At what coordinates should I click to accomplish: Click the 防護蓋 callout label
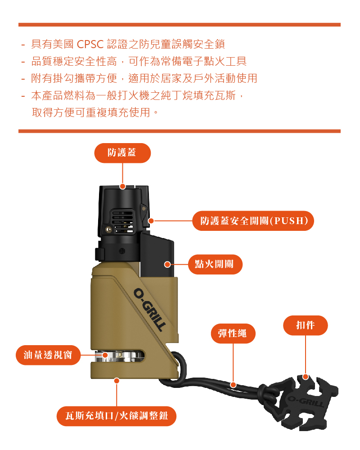click(x=122, y=153)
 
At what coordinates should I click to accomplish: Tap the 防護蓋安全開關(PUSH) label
click(x=253, y=220)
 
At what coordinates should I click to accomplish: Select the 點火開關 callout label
click(x=215, y=264)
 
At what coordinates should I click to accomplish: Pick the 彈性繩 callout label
click(x=233, y=333)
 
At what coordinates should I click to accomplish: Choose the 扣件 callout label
click(x=305, y=325)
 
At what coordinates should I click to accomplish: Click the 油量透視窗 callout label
click(x=48, y=355)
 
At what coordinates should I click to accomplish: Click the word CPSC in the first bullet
click(x=90, y=44)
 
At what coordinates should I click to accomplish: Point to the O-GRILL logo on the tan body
click(x=149, y=310)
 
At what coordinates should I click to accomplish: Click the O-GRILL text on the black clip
click(x=306, y=401)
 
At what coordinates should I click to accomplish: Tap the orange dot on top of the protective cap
click(x=122, y=187)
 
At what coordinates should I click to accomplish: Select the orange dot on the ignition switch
click(x=167, y=264)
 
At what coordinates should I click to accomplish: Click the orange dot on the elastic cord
click(x=234, y=385)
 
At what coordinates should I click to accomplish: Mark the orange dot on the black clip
click(x=306, y=377)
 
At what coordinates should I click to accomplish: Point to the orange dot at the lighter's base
click(x=117, y=381)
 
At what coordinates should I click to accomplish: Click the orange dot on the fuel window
click(x=105, y=355)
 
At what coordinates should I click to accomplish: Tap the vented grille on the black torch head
click(x=122, y=220)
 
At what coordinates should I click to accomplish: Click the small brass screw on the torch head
click(x=108, y=229)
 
